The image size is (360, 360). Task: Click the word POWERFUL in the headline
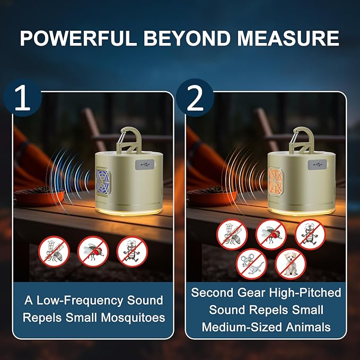(78, 38)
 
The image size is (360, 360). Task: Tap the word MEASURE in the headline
(288, 38)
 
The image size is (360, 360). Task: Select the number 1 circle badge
(23, 98)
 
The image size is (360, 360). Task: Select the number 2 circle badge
(195, 98)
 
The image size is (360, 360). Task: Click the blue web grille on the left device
(103, 182)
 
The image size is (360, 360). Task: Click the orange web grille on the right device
(276, 182)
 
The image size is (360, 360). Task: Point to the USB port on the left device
(145, 164)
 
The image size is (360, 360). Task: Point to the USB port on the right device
(317, 164)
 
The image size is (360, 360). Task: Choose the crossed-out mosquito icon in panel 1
(54, 252)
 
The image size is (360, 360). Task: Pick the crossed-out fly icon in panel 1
(93, 252)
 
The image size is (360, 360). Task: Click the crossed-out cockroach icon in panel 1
(132, 252)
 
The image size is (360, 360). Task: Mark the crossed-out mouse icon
(251, 264)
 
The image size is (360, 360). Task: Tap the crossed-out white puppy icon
(291, 264)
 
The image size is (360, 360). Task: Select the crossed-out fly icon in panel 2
(271, 234)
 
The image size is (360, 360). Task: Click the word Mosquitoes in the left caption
(133, 318)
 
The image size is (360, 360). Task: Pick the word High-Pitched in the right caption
(305, 293)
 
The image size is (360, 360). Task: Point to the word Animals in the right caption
(308, 327)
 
